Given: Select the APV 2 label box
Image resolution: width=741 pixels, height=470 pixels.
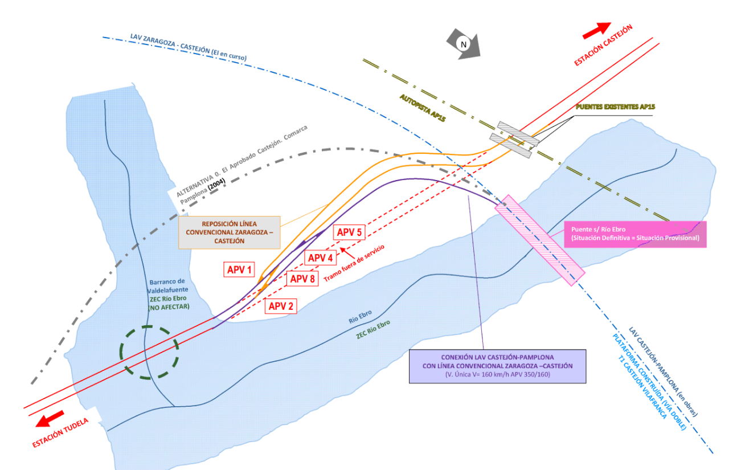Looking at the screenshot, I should point(281,306).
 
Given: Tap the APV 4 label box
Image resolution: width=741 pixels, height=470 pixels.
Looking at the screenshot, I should point(320,258).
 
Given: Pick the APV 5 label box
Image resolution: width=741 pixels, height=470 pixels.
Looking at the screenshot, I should point(349,232).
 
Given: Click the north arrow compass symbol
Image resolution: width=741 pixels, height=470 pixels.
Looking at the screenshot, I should point(465,44).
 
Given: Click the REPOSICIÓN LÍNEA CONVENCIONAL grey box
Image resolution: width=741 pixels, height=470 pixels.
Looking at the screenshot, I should point(230,232).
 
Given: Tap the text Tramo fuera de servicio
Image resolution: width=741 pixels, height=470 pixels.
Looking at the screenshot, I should point(354,263).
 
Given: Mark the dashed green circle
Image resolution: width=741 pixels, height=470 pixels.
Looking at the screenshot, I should point(149,352).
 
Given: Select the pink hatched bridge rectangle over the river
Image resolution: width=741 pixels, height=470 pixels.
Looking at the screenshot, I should point(539,240).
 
